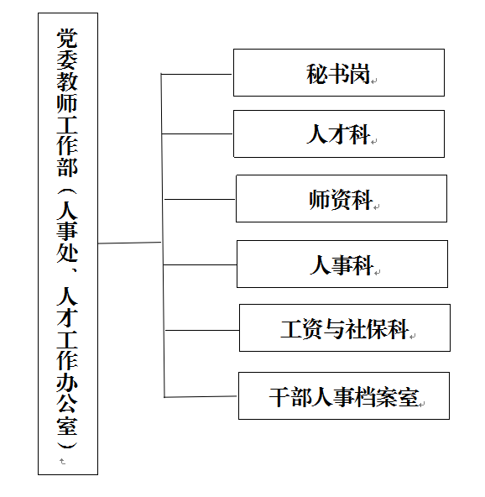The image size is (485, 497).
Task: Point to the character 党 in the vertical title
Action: pos(67,39)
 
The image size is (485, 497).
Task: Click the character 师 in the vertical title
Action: pos(67,103)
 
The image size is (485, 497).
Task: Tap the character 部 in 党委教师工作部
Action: pos(67,167)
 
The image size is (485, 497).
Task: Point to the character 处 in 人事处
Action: pos(67,253)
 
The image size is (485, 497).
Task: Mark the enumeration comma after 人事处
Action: pos(74,269)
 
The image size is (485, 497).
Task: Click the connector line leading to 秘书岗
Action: pos(196,74)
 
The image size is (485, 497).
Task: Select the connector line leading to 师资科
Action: pos(200,199)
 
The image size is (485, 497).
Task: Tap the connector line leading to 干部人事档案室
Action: pos(201,396)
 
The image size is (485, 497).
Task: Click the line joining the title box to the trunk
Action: pos(129,243)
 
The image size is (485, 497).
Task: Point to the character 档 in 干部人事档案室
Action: pos(365,396)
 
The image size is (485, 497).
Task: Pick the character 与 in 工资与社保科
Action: pos(334,328)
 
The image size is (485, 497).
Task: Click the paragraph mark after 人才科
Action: pos(373,142)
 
